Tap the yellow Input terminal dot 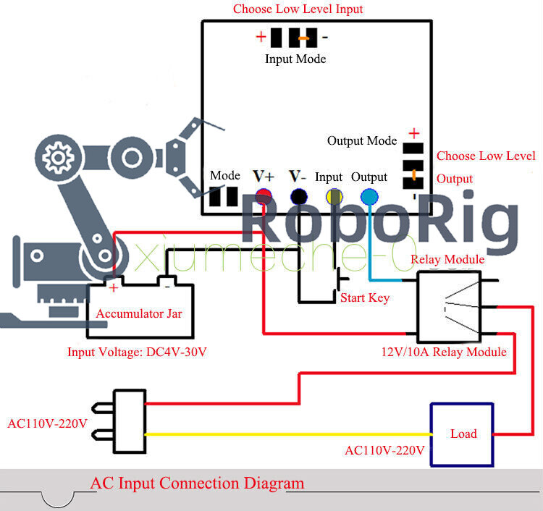coord(334,196)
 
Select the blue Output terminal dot coord(369,196)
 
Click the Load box coord(463,434)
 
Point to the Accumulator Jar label coord(139,313)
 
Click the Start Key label coord(364,297)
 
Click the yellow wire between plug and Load coord(290,434)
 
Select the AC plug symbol coord(128,421)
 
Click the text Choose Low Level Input coord(298,9)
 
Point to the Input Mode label coord(295,59)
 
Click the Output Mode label coord(362,140)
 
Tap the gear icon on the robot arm coord(56,156)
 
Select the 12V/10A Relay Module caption coord(444,352)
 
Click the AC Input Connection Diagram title coord(197,483)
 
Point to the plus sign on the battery coord(114,287)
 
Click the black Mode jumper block coord(224,198)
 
